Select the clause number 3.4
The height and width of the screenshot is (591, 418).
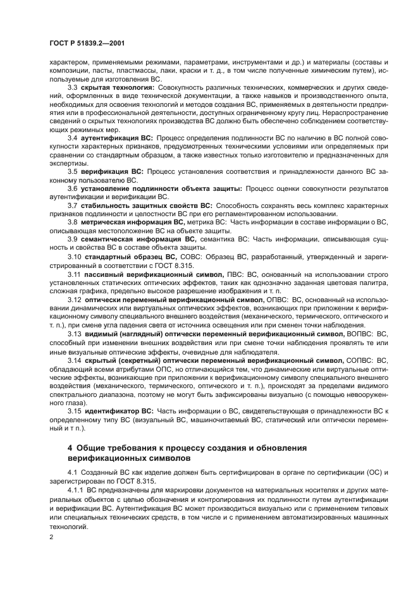73,137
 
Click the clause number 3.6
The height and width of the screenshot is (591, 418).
73,188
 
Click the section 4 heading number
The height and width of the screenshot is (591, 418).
70,448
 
